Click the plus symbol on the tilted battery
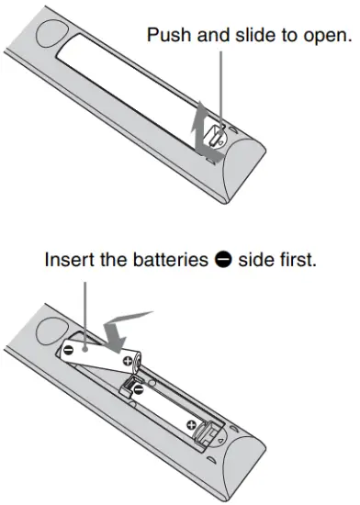(123, 364)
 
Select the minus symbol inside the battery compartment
(135, 390)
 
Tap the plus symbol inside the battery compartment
(190, 425)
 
